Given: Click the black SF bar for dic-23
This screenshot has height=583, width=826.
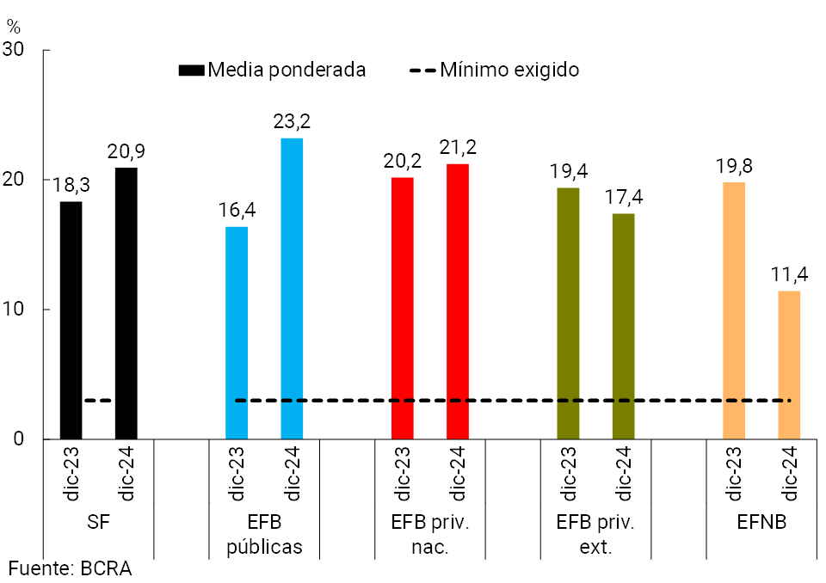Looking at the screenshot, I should pyautogui.click(x=71, y=320).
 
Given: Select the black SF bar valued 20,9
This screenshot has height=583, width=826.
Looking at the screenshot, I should pyautogui.click(x=126, y=303).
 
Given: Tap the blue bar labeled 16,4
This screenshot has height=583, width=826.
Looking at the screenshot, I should pyautogui.click(x=237, y=333).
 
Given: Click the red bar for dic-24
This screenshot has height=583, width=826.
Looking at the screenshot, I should pyautogui.click(x=458, y=301).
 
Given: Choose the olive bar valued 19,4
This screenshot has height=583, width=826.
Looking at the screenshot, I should pyautogui.click(x=568, y=313).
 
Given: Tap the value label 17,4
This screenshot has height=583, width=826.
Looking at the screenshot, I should pyautogui.click(x=624, y=197).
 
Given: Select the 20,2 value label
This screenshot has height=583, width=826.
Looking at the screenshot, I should pyautogui.click(x=403, y=161).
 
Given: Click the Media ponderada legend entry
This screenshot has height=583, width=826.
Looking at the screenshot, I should pyautogui.click(x=273, y=70).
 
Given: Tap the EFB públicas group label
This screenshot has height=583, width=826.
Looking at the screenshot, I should pyautogui.click(x=264, y=535).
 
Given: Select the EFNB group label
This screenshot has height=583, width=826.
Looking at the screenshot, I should pyautogui.click(x=761, y=522).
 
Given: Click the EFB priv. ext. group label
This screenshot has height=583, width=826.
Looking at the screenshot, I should pyautogui.click(x=595, y=535).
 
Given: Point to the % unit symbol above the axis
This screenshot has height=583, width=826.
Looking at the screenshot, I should pyautogui.click(x=13, y=26).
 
